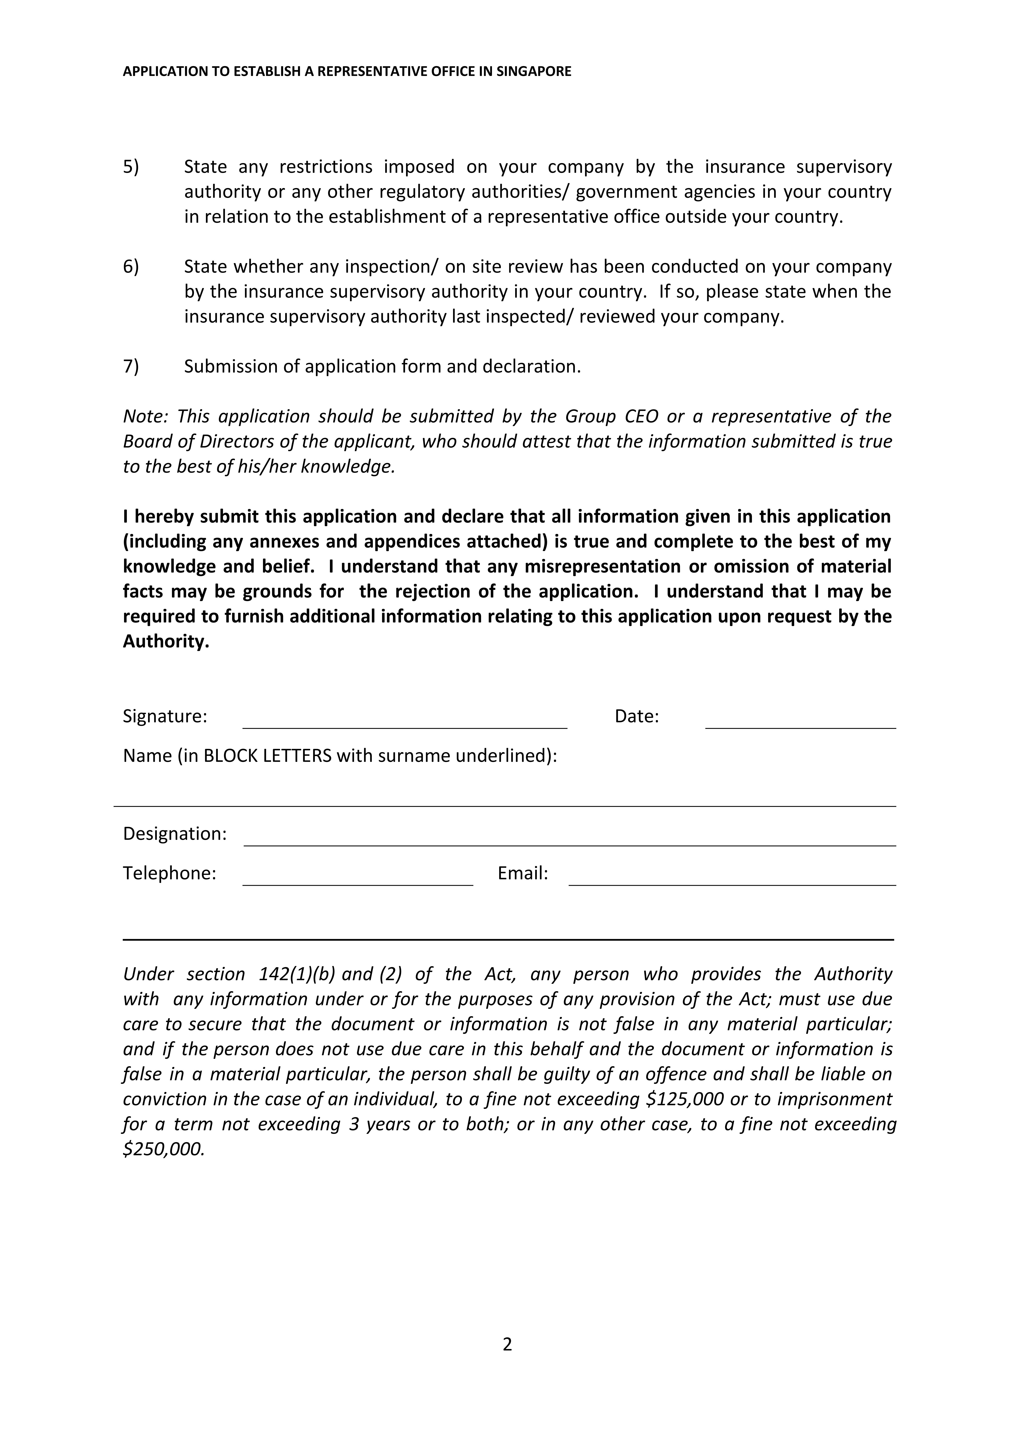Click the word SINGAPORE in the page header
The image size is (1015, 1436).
tap(534, 71)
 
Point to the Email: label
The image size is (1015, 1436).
tap(523, 873)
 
